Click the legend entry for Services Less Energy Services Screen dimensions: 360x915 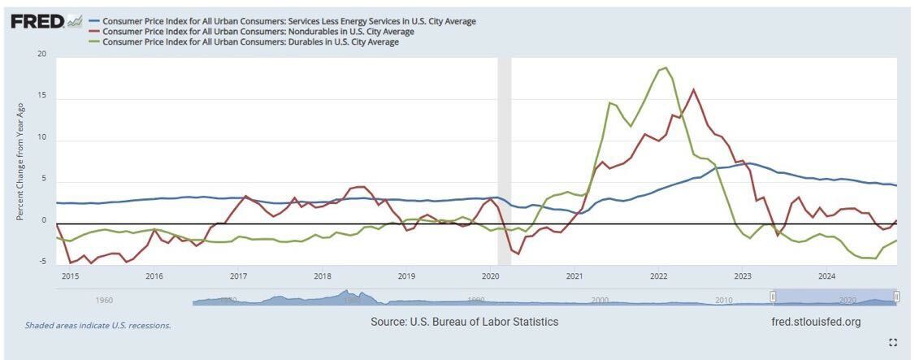[x=289, y=21]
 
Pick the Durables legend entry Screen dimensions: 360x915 [x=251, y=42]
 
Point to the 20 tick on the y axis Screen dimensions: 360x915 [x=41, y=55]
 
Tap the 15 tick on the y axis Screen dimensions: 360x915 [x=41, y=98]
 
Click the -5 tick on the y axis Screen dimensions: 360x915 [x=41, y=262]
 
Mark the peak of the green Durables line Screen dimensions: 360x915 [x=666, y=67]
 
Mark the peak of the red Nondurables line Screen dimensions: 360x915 [x=693, y=89]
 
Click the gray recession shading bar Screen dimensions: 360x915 [x=504, y=163]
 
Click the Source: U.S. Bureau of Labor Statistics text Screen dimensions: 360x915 [x=464, y=322]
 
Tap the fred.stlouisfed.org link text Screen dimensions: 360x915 [x=815, y=322]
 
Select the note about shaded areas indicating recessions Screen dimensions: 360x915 [x=98, y=325]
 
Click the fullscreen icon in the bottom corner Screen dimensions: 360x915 [x=893, y=342]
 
